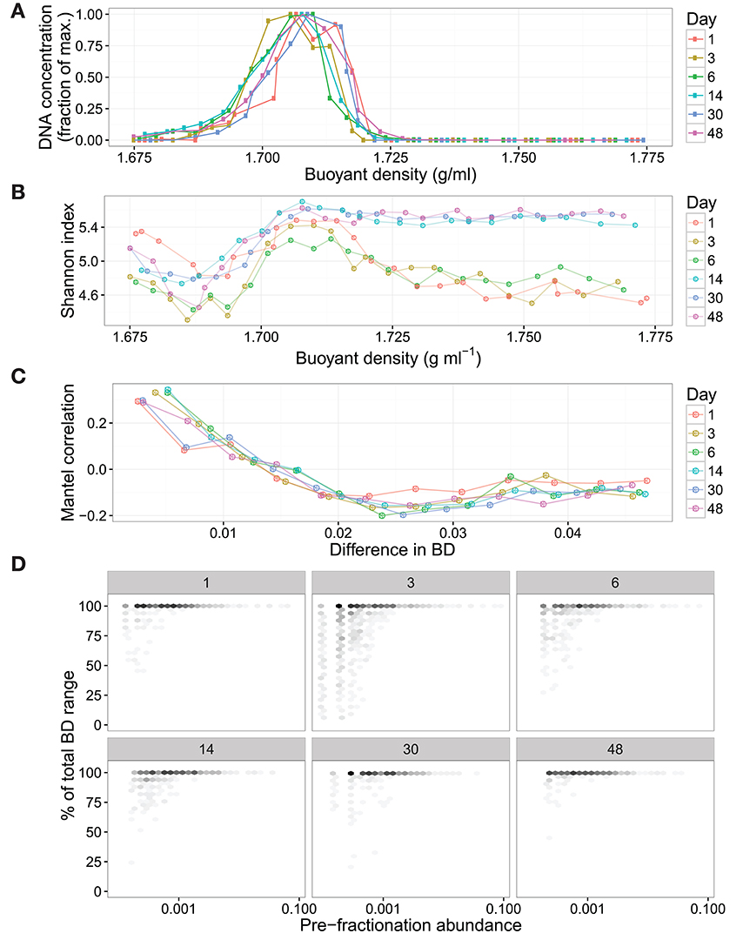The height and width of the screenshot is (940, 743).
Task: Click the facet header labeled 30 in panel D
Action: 412,748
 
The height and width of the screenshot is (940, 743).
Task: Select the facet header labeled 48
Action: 615,748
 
